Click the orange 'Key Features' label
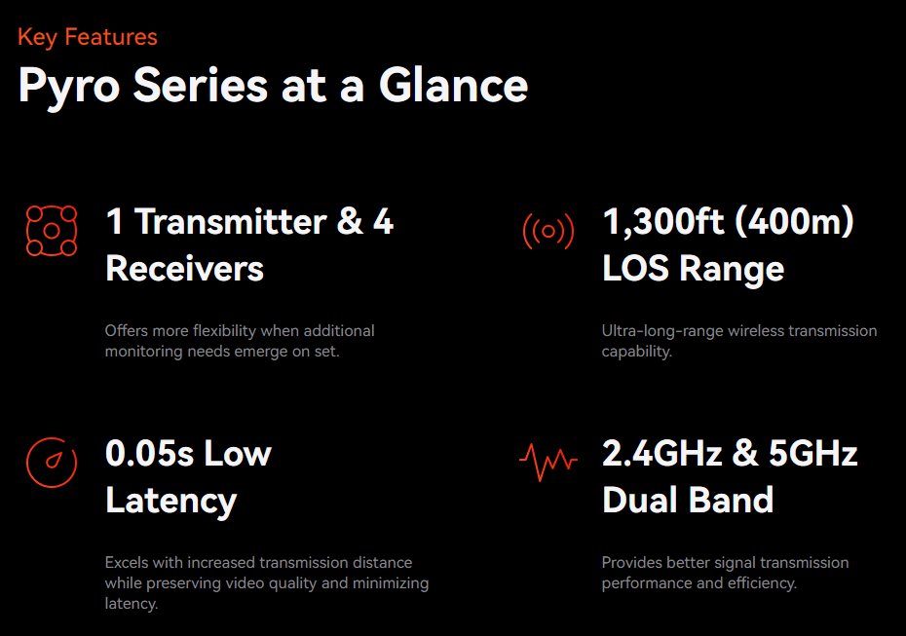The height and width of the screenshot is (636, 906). pos(88,37)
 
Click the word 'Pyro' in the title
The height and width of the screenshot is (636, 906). pos(69,87)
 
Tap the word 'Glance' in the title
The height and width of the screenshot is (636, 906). pos(453,85)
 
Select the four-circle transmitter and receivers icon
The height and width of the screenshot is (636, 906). pos(52,231)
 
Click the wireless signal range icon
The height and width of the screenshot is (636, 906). pos(548,231)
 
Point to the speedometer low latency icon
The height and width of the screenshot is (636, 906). pos(52,463)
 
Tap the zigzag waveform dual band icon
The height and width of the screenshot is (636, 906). pos(548,462)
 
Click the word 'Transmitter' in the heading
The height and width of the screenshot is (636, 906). pos(231,222)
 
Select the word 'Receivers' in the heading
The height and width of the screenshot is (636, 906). pos(184,269)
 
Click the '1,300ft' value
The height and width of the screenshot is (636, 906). pos(662,222)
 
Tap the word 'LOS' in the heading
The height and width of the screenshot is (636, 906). pos(635,269)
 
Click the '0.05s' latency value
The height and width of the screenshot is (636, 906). pos(149,454)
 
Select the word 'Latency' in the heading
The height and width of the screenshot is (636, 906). pos(171,502)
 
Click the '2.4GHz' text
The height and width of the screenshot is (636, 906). pos(662,454)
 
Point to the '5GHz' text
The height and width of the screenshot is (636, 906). pos(813,454)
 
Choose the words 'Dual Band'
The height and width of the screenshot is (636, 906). pos(688,500)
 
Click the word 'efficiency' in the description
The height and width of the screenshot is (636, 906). pos(762,583)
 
